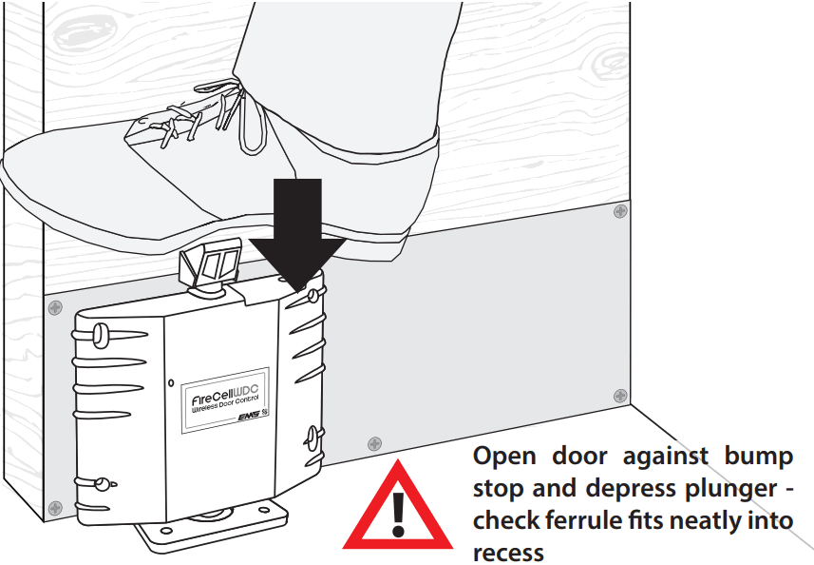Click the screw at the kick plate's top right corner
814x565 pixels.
[620, 210]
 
